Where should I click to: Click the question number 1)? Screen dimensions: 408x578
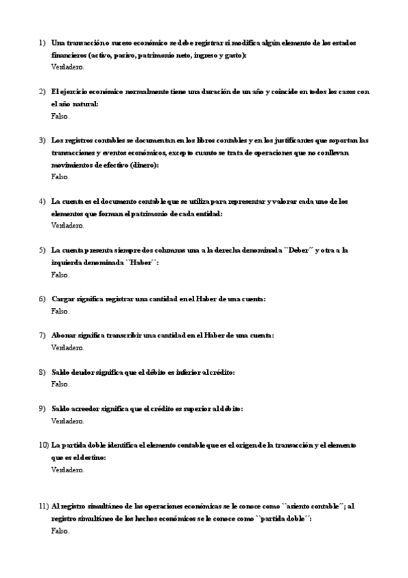[42, 43]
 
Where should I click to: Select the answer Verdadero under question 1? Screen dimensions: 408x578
[67, 67]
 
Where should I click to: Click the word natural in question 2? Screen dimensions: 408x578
[87, 104]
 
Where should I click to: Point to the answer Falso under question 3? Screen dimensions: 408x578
[60, 177]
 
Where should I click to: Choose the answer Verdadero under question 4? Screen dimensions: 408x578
[67, 225]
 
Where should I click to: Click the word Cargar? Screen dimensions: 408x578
[65, 299]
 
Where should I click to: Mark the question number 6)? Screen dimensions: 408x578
[42, 299]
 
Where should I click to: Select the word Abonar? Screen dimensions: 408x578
[65, 335]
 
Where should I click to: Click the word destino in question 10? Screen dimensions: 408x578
[90, 457]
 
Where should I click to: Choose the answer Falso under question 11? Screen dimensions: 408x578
[60, 531]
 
